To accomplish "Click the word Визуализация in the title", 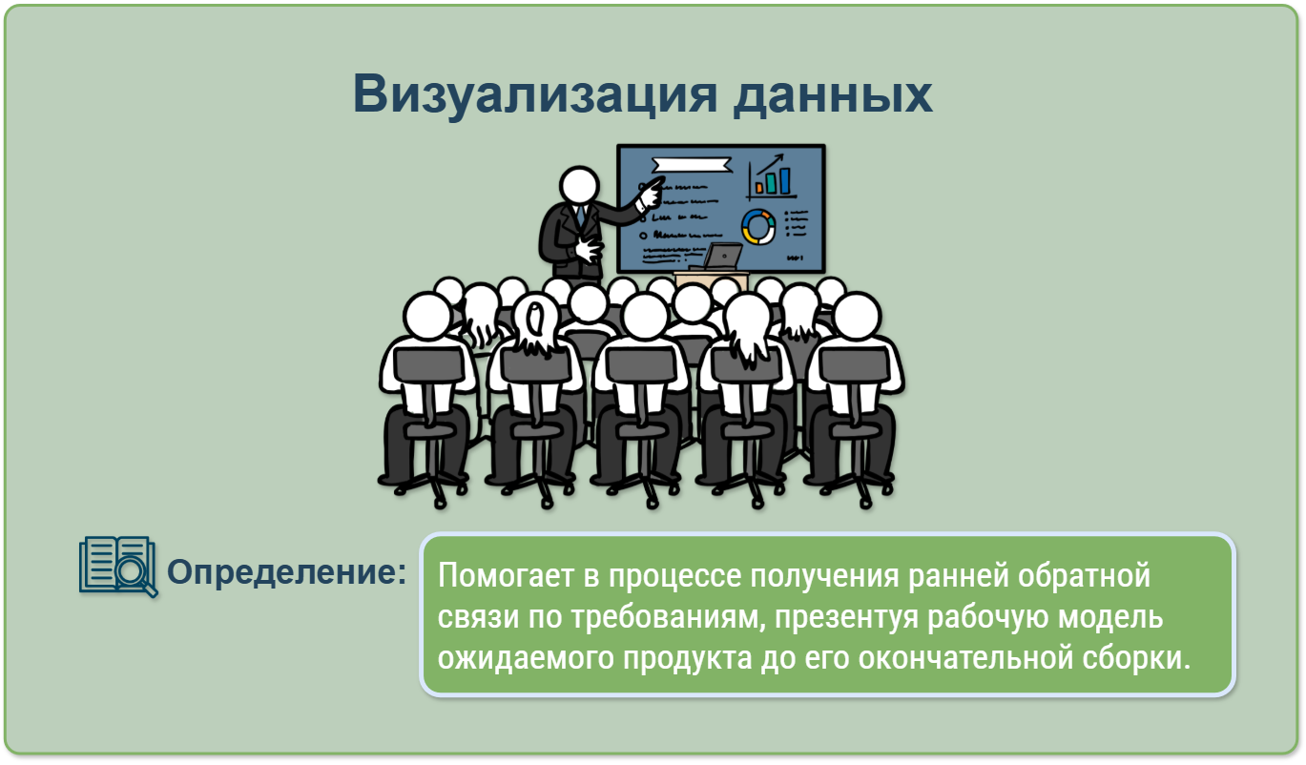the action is tap(534, 95).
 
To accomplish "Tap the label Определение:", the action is tap(286, 571).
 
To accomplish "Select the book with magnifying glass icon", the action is tap(118, 567).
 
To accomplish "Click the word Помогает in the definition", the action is tap(506, 575).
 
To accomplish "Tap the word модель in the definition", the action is tap(1110, 617).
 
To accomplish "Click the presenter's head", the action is tap(579, 185).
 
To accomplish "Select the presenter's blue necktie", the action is tap(581, 217).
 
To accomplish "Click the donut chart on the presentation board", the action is tap(758, 226).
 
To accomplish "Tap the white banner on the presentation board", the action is tap(692, 165).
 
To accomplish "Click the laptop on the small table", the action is tap(718, 258).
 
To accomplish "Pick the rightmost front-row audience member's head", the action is tap(857, 316).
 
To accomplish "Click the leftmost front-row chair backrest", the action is tap(428, 365).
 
